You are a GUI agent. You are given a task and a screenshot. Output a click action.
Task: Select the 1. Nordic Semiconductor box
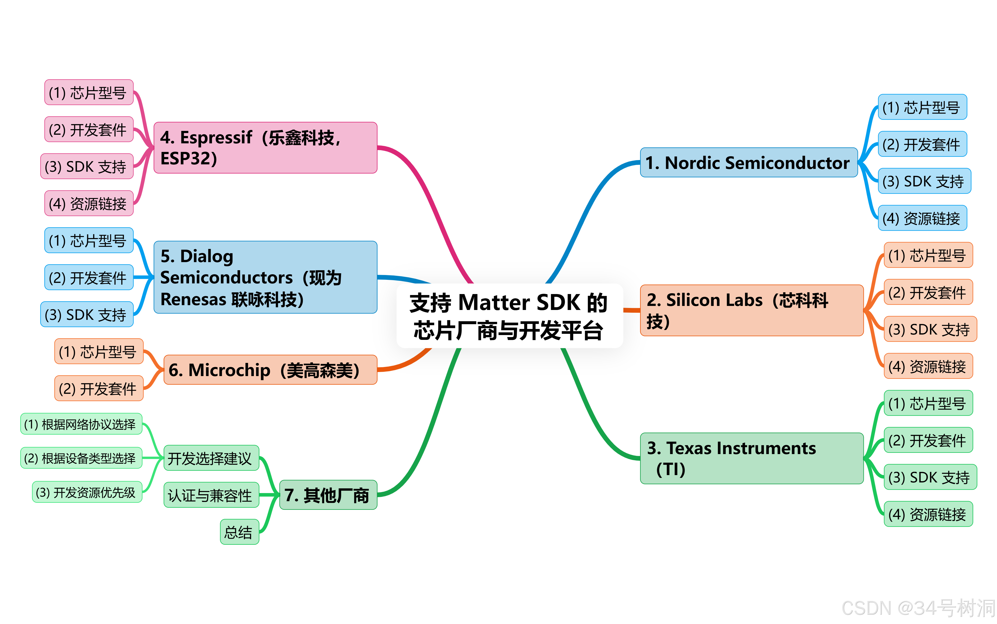coord(748,163)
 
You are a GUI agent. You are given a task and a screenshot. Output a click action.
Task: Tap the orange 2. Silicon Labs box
coord(751,310)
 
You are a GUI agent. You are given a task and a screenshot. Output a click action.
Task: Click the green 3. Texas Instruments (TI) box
coord(751,458)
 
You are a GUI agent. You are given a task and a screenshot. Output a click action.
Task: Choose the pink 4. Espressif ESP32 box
coord(265,148)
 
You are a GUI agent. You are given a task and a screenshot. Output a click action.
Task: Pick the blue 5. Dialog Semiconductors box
coord(265,277)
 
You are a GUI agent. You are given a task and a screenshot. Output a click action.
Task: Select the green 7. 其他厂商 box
coord(328,495)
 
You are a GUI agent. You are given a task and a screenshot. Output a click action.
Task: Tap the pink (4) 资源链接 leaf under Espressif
coord(89,203)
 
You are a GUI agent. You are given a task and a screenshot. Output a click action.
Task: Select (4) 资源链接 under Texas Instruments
coord(928,514)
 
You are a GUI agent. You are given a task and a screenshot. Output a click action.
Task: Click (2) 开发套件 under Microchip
coord(99,388)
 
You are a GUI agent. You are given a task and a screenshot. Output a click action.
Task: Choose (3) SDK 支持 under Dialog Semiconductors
coord(87,315)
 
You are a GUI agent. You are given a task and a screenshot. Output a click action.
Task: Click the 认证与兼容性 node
coord(211,495)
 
